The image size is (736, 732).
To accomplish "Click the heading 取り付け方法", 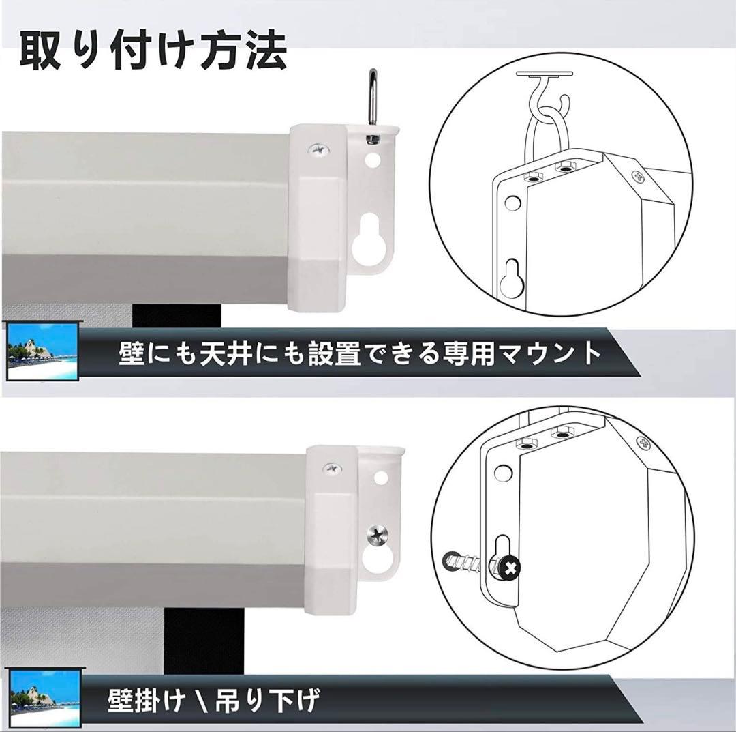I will click(153, 50).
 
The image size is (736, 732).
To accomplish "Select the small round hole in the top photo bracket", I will click(372, 162).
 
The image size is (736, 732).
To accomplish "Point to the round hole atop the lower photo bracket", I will click(380, 477).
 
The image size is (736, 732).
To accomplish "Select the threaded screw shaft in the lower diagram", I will click(470, 563).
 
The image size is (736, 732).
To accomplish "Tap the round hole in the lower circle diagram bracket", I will click(503, 471).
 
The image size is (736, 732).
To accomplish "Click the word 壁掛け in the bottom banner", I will click(147, 700).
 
